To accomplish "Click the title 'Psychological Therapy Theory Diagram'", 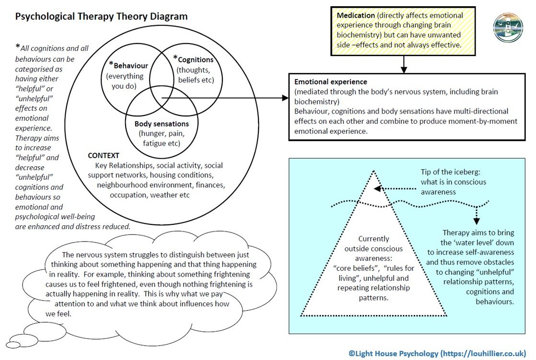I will pos(101,17).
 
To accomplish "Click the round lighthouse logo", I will pos(508,27).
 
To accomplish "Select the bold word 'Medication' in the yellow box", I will pos(355,15).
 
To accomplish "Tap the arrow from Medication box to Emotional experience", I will pos(404,63).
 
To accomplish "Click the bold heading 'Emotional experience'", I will pos(331,82).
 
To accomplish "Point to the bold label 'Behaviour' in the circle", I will pos(130,66).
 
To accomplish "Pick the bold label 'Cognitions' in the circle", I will pos(195,60).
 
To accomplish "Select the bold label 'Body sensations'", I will pos(163,124).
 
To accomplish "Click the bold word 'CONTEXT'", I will pos(104,156).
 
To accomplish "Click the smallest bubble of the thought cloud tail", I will pos(13,345).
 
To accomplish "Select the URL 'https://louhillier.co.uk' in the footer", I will pos(484,354).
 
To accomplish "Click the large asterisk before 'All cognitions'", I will pos(18,47).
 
